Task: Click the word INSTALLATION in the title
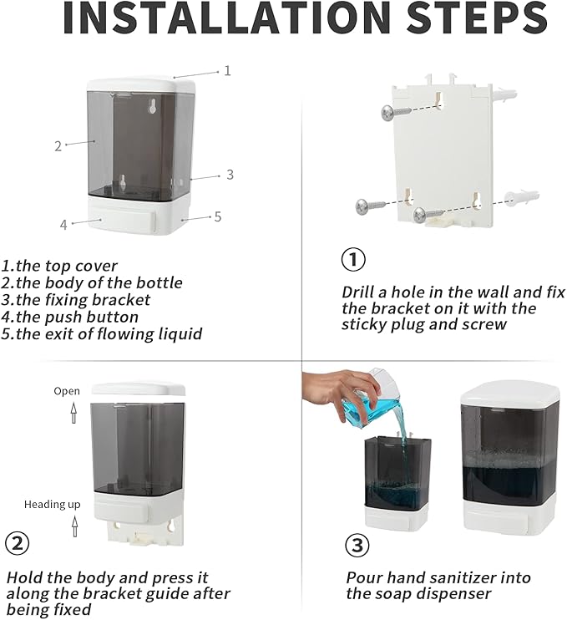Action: point(226,18)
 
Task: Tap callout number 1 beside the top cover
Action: point(227,71)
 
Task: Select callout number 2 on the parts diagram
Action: point(58,146)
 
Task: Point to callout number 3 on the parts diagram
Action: point(230,175)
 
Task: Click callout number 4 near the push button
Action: point(63,225)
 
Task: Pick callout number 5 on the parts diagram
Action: point(218,216)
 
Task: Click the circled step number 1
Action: point(353,259)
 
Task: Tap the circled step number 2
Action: point(18,544)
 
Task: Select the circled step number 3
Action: point(357,546)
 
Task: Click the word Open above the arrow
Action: point(67,391)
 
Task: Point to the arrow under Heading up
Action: point(74,526)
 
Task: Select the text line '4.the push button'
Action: point(69,318)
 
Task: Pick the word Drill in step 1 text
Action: point(357,292)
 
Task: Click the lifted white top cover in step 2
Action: point(139,389)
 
